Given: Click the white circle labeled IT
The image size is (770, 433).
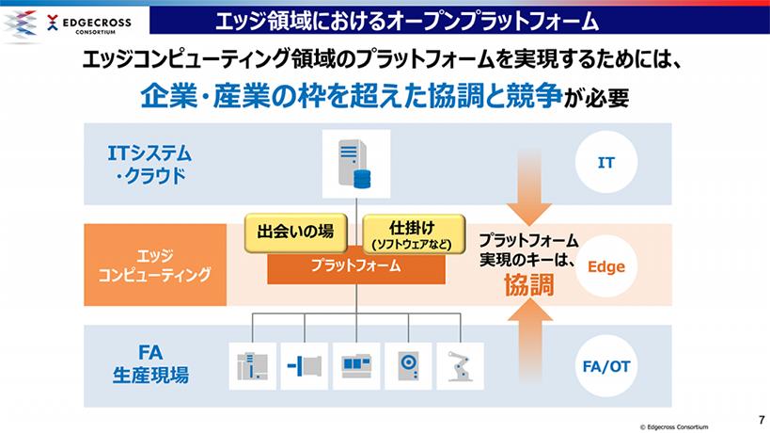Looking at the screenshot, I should pyautogui.click(x=606, y=163).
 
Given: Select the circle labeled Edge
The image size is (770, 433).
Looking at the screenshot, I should pyautogui.click(x=606, y=266).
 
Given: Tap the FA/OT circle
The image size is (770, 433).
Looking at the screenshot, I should pyautogui.click(x=606, y=365).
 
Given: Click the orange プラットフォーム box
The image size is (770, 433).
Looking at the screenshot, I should pyautogui.click(x=355, y=266).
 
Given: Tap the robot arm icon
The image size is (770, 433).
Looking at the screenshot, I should pyautogui.click(x=460, y=365).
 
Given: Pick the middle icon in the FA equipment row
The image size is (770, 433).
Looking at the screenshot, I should pyautogui.click(x=356, y=365).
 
